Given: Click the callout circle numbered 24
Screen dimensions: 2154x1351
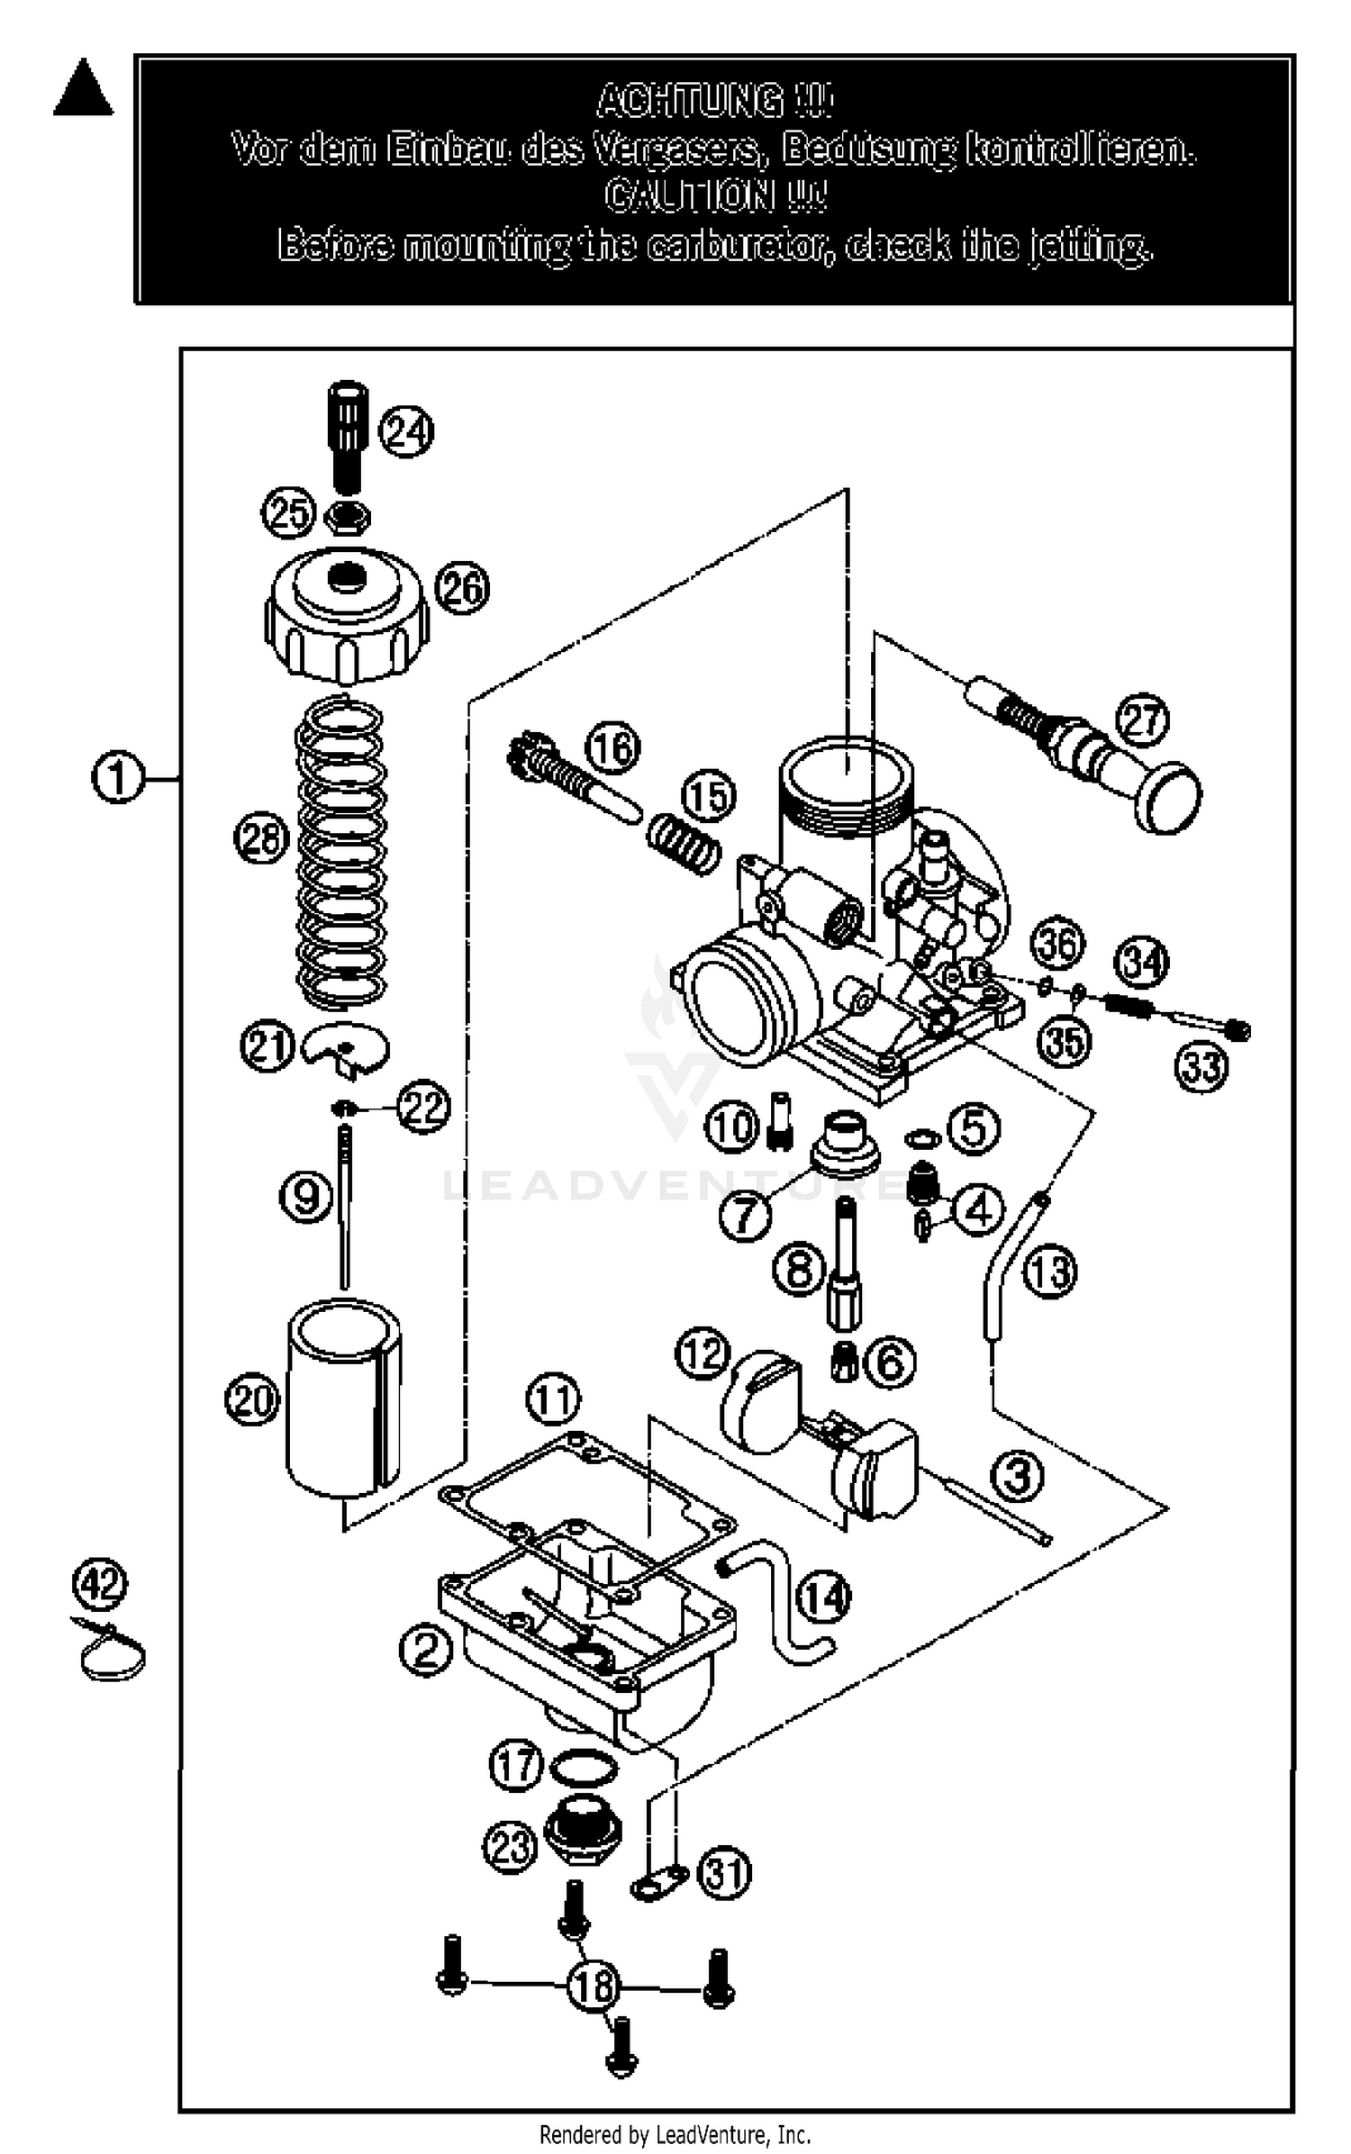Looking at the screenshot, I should [405, 432].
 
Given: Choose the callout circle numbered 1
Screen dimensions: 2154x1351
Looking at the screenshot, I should [118, 778].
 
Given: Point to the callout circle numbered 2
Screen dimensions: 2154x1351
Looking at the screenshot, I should [425, 1649].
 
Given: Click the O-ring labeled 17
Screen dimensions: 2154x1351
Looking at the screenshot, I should [584, 1769].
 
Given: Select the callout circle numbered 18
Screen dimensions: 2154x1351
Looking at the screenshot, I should [594, 1986].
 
